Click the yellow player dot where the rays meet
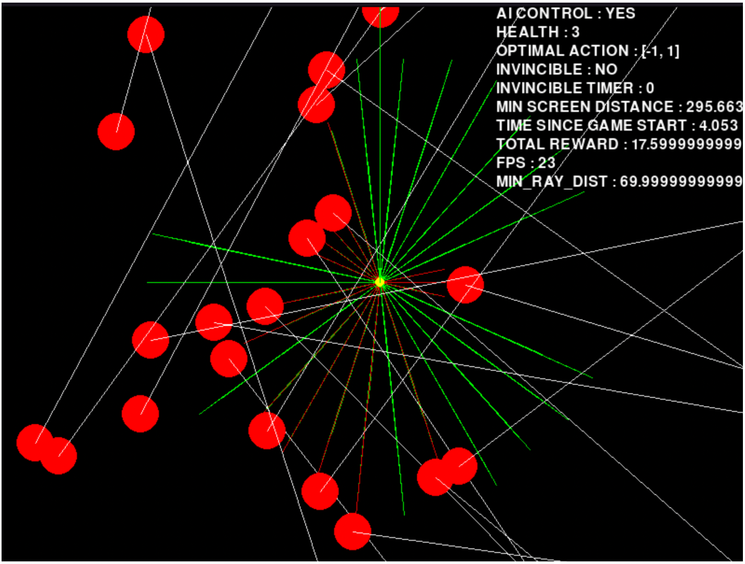pos(380,282)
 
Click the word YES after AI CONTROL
pos(620,13)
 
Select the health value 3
pos(575,32)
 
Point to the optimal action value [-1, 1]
pos(661,51)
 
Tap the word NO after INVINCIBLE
pos(606,69)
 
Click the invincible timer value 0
pos(650,88)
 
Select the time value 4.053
pos(718,126)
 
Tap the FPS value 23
pos(547,163)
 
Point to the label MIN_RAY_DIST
pos(552,182)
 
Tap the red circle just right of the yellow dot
pos(465,285)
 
